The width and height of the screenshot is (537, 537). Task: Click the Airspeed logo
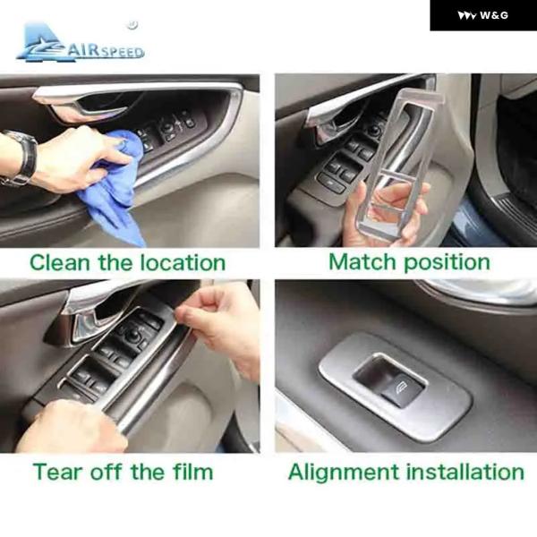coord(81,43)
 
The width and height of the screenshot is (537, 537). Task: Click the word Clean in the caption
coord(60,262)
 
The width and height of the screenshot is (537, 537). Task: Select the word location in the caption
coord(183,262)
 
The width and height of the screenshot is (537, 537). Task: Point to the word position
coord(447,263)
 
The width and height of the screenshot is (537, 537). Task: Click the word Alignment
coord(344,473)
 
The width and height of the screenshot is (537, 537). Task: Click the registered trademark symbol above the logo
coord(132,25)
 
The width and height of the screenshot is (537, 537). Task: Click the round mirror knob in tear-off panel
coord(132,337)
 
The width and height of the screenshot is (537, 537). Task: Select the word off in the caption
coord(107,472)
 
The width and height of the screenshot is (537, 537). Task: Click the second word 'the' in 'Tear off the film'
coord(149,472)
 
